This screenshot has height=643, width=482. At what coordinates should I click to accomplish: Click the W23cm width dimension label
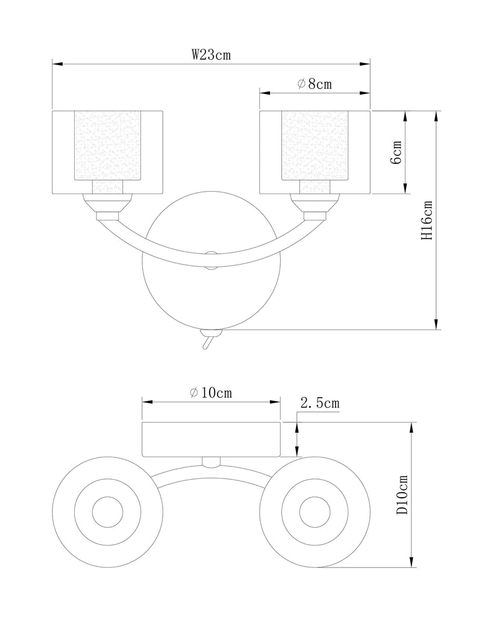coord(211,55)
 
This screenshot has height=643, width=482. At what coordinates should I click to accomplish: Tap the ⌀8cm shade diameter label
coord(315,84)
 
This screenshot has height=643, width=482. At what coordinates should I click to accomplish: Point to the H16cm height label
coord(427,220)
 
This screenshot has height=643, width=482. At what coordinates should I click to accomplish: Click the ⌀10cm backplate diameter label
coord(211,393)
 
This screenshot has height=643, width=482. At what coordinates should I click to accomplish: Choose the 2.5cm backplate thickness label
coord(320,403)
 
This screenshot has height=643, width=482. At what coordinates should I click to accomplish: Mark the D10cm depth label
coord(402,495)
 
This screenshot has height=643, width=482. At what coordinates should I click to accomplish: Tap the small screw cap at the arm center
coord(211,261)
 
